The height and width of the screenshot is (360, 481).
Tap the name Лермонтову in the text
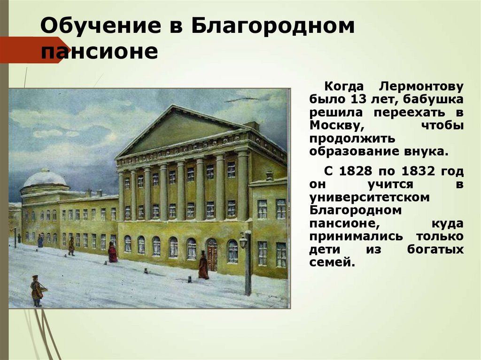[x=421, y=87]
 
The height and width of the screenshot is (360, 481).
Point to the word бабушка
[x=437, y=100]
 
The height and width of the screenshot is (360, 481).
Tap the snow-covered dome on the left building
[x=45, y=179]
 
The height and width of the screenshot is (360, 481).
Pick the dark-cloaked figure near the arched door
[x=203, y=266]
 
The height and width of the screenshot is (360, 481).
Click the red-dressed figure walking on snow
[x=113, y=253]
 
